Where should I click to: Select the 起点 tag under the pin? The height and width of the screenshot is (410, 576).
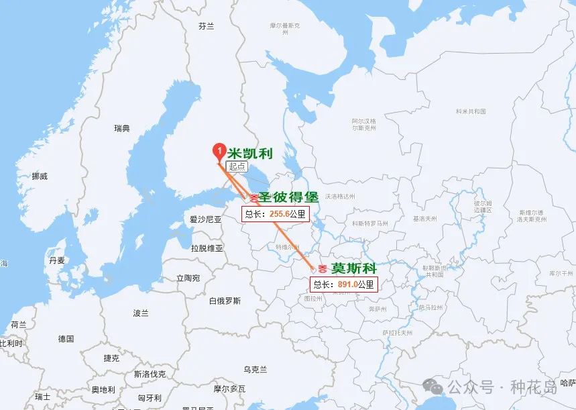tap(237, 166)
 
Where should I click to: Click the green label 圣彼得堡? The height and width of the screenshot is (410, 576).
tap(288, 197)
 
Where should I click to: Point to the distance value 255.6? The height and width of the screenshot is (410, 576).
tap(278, 214)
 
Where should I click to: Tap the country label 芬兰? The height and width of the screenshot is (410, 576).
tap(207, 26)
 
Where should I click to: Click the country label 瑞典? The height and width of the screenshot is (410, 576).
tap(122, 128)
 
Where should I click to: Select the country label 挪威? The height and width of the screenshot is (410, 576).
tap(40, 176)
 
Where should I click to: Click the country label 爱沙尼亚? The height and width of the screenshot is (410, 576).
tap(205, 219)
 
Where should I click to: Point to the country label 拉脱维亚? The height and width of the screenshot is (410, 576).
tap(207, 248)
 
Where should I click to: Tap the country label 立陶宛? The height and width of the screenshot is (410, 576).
tap(188, 278)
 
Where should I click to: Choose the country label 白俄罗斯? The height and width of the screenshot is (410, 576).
tap(225, 301)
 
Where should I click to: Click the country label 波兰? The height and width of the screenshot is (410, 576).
tap(141, 313)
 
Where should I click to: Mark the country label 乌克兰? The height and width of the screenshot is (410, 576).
tap(255, 369)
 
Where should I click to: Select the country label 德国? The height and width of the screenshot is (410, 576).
tap(66, 339)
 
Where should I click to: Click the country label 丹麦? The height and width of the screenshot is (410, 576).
tap(57, 260)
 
